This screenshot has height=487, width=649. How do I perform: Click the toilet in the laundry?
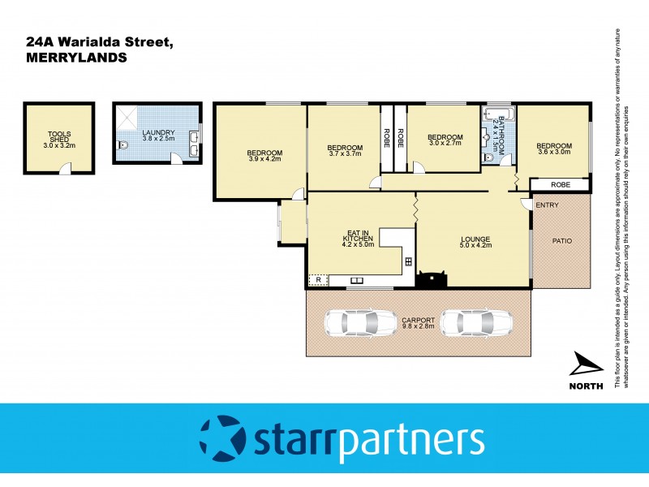122,146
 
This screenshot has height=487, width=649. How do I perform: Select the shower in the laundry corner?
127,119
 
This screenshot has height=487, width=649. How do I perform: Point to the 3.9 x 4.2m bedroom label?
264,156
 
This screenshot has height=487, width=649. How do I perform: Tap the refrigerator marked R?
318,280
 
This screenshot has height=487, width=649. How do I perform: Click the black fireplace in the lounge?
431,280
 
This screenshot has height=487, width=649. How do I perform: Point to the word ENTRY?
547,205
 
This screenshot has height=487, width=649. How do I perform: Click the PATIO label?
563,240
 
